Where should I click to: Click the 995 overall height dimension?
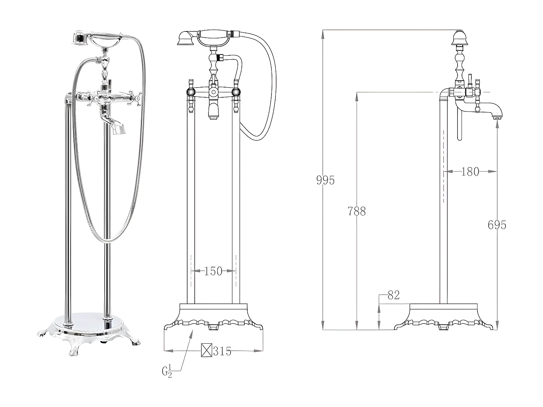click(x=325, y=180)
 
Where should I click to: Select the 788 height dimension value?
click(x=357, y=211)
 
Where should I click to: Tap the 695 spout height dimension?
click(x=497, y=225)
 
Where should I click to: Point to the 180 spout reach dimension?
click(x=470, y=171)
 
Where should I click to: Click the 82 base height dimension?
click(x=393, y=295)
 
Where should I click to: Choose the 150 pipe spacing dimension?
click(x=213, y=271)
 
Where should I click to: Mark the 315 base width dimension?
click(x=222, y=351)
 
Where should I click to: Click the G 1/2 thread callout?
click(x=167, y=372)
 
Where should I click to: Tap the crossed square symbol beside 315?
click(x=206, y=351)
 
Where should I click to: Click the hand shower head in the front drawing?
click(x=186, y=38)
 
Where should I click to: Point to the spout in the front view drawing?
click(x=213, y=110)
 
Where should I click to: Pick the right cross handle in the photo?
click(x=136, y=97)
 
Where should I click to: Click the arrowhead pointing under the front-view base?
click(x=191, y=332)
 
